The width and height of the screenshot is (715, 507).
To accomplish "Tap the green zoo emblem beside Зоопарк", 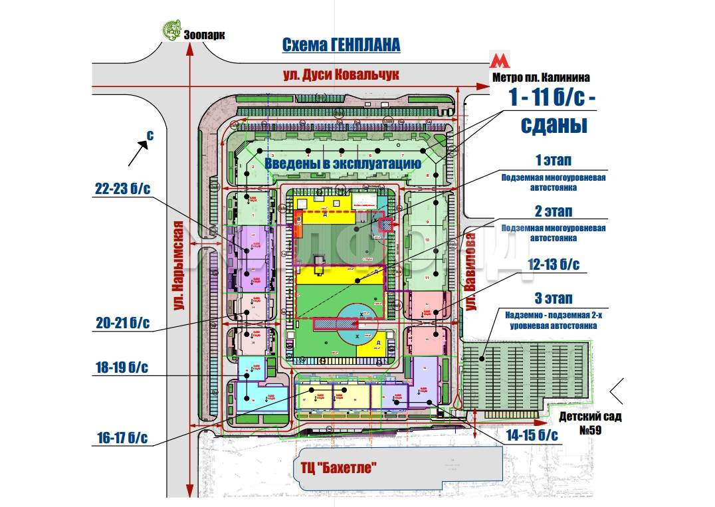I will point(171,30).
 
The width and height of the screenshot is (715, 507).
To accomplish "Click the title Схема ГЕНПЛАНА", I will point(341,45).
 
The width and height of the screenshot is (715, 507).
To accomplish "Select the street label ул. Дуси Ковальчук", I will point(341,74).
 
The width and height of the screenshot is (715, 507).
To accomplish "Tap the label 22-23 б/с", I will point(122,189).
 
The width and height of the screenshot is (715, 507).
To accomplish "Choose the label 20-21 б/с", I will point(122,324).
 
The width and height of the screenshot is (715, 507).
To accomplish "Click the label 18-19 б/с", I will point(122,367).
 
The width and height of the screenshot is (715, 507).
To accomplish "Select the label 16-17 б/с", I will point(122,438).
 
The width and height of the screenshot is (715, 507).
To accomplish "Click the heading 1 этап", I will point(554,161).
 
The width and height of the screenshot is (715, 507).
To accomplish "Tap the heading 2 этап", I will point(554,211).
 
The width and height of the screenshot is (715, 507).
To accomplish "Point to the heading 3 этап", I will point(554,298).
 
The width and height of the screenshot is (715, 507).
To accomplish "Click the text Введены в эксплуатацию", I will point(342,163).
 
